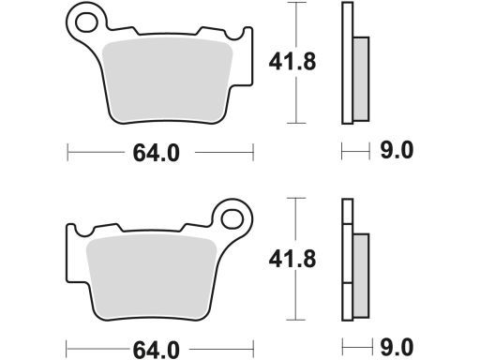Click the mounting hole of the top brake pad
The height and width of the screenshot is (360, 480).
click(86, 22)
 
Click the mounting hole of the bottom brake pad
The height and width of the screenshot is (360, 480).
click(232, 218)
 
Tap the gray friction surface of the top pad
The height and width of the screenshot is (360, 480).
click(167, 80)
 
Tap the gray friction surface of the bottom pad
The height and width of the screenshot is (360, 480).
click(151, 277)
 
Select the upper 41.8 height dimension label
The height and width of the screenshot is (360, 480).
click(292, 62)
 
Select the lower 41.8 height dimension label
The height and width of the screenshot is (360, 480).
click(292, 259)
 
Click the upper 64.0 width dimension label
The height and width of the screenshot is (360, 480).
click(157, 153)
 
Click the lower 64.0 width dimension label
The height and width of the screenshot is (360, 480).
click(157, 350)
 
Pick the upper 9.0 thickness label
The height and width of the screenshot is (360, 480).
click(397, 150)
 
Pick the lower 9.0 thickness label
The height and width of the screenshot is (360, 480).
click(397, 347)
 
